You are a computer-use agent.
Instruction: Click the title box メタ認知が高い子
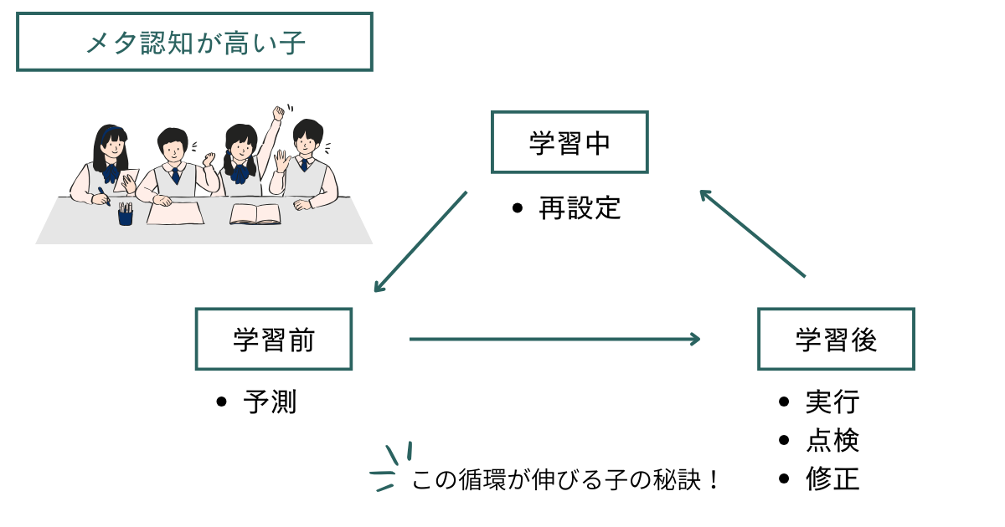pyautogui.click(x=194, y=42)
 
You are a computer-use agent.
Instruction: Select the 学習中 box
pyautogui.click(x=569, y=142)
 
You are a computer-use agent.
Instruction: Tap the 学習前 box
pyautogui.click(x=274, y=339)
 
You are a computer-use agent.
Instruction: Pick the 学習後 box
pyautogui.click(x=836, y=339)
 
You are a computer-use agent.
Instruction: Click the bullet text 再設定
pyautogui.click(x=580, y=207)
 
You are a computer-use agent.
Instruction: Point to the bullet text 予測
pyautogui.click(x=270, y=402)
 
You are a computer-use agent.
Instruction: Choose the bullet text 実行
pyautogui.click(x=832, y=402)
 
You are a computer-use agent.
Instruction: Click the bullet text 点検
pyautogui.click(x=832, y=441)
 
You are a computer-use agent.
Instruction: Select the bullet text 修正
pyautogui.click(x=832, y=479)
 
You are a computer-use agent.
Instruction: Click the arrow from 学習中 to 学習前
pyautogui.click(x=420, y=242)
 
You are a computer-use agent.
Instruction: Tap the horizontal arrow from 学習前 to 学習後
pyautogui.click(x=554, y=339)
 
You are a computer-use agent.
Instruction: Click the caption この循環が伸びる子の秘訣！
pyautogui.click(x=566, y=481)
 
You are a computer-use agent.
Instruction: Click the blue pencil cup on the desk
pyautogui.click(x=126, y=215)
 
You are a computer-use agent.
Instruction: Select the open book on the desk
pyautogui.click(x=255, y=214)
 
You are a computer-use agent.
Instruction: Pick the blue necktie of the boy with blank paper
pyautogui.click(x=176, y=177)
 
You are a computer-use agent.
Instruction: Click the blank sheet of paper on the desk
pyautogui.click(x=177, y=213)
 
